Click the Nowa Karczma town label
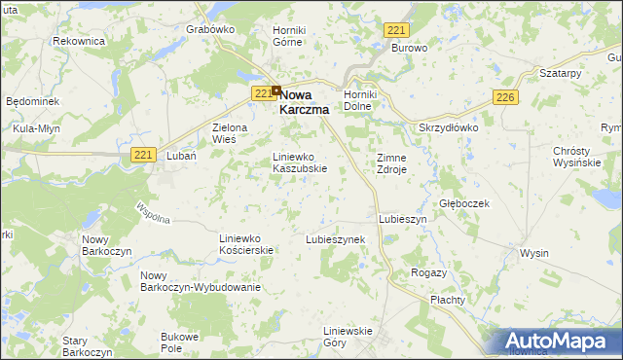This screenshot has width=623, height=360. (305, 103)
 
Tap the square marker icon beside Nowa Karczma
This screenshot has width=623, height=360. (276, 92)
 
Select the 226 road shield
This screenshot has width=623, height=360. (504, 98)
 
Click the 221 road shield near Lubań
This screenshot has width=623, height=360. (143, 155)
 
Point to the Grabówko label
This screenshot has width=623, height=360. (210, 29)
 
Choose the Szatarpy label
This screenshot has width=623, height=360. (560, 74)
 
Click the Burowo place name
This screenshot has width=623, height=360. (410, 47)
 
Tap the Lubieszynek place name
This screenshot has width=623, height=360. (335, 238)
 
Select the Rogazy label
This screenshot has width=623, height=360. (428, 272)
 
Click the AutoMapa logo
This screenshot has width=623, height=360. (556, 341)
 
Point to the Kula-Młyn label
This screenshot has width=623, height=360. (30, 128)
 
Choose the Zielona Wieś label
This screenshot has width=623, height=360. (231, 133)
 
